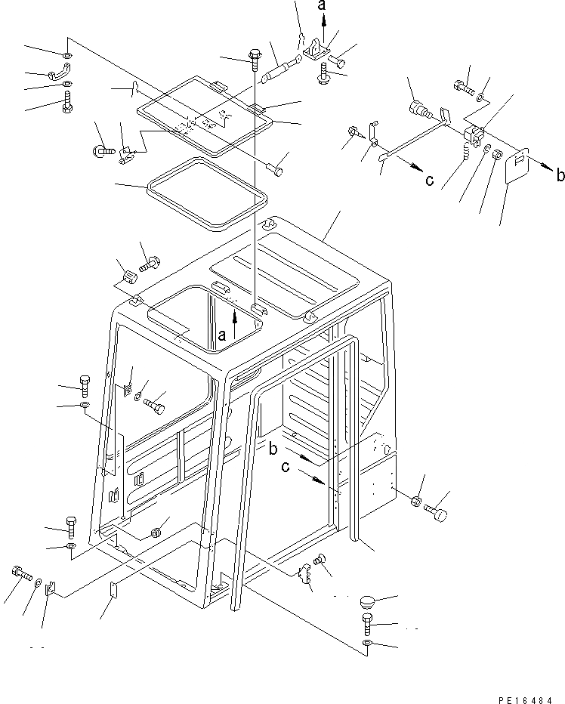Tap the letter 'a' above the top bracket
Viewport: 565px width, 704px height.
pyautogui.click(x=323, y=7)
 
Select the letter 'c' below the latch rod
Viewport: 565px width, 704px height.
pyautogui.click(x=429, y=180)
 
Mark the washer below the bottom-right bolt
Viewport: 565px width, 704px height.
pyautogui.click(x=367, y=644)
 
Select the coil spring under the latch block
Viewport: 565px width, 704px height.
pyautogui.click(x=466, y=153)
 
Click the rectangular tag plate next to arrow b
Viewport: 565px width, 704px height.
pyautogui.click(x=516, y=168)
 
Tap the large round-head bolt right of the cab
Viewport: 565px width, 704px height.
pyautogui.click(x=437, y=514)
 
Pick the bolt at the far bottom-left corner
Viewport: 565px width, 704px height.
pyautogui.click(x=19, y=573)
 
